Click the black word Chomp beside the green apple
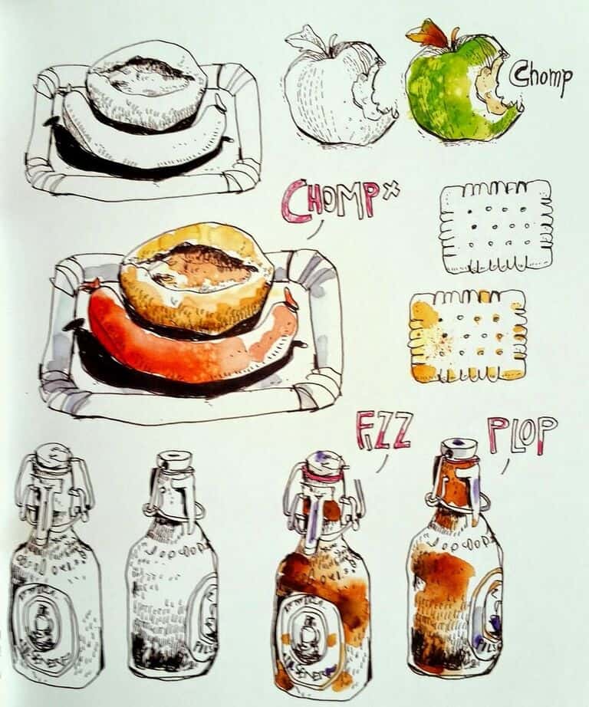point(541,78)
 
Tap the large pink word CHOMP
point(328,200)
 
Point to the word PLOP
point(522,434)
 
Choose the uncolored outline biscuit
point(495,226)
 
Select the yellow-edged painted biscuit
point(467,336)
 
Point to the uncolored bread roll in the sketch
point(146,86)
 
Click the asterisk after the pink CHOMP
point(393,188)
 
